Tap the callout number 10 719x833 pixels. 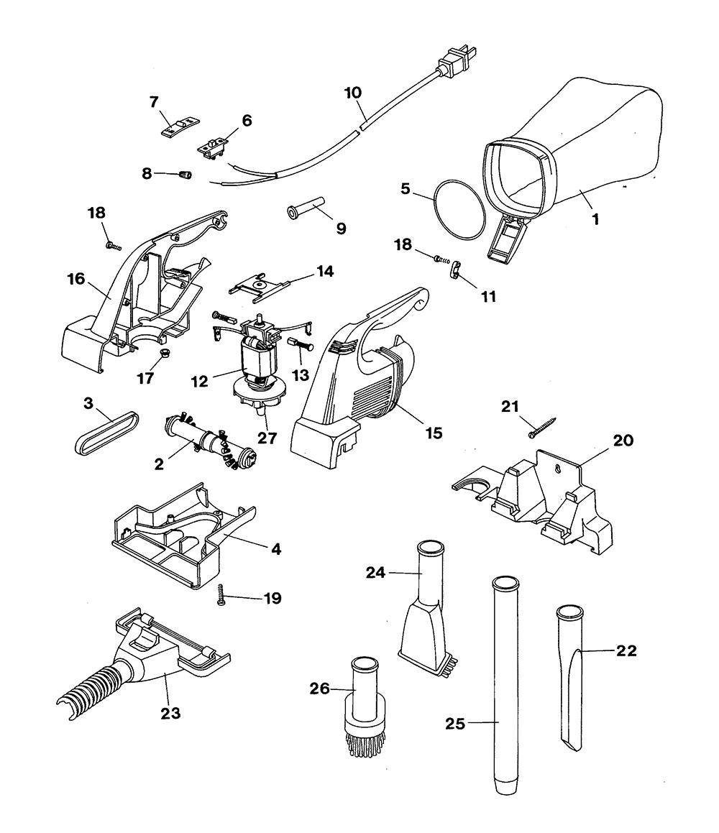353,93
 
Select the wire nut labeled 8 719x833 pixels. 186,175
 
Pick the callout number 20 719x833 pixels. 623,440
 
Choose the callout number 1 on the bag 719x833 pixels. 595,218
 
